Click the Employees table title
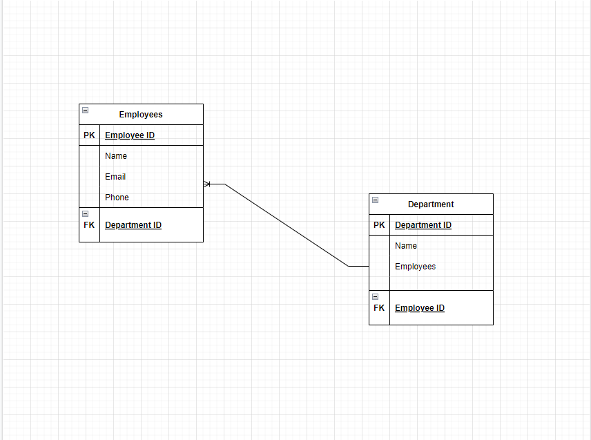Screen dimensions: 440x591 tap(141, 115)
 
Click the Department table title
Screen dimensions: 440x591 tap(431, 204)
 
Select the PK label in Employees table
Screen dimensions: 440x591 tap(90, 135)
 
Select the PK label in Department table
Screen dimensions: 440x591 tap(380, 225)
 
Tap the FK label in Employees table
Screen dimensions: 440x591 tap(90, 225)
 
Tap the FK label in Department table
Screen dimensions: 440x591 tap(380, 308)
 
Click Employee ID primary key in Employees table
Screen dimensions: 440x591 tap(130, 135)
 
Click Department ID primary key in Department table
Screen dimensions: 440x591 tap(423, 225)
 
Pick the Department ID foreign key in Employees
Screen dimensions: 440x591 tap(133, 225)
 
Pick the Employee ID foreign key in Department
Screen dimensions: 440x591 tap(420, 308)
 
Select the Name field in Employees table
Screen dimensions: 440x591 tap(116, 156)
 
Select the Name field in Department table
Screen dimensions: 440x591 tap(406, 246)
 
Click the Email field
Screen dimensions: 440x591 tap(115, 177)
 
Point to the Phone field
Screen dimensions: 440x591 tap(117, 198)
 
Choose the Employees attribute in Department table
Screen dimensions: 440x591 tap(415, 267)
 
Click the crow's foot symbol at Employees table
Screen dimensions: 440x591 tap(208, 184)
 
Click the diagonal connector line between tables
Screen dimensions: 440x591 tap(287, 225)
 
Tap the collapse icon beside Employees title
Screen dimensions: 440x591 tap(85, 111)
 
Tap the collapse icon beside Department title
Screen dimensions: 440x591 tap(375, 200)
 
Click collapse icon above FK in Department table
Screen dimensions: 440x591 tap(375, 297)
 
